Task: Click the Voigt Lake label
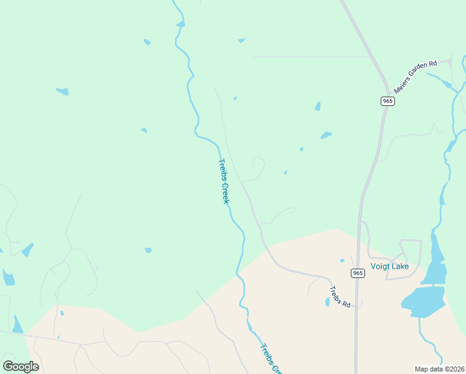[389, 266]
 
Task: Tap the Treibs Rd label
[341, 296]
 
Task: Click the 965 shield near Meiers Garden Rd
[388, 101]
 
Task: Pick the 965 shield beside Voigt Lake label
[357, 273]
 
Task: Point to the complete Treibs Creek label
[224, 181]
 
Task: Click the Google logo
[21, 366]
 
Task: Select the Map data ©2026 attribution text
[440, 369]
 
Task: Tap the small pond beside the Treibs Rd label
[328, 302]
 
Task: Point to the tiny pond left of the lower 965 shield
[342, 260]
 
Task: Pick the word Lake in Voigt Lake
[399, 266]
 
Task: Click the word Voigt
[379, 266]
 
